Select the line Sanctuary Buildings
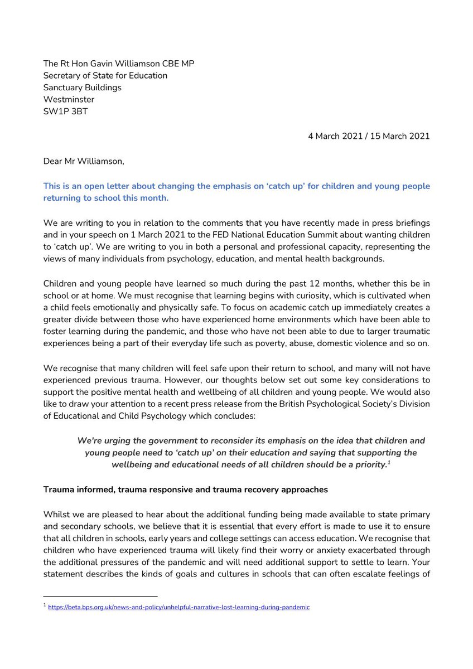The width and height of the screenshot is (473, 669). (x=82, y=88)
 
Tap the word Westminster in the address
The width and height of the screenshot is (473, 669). (x=69, y=99)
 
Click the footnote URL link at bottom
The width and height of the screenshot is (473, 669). (x=179, y=607)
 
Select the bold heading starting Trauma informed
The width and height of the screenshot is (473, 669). (x=186, y=489)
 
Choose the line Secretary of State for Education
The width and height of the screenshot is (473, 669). (x=105, y=75)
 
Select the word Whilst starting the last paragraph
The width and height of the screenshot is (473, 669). (x=57, y=515)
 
